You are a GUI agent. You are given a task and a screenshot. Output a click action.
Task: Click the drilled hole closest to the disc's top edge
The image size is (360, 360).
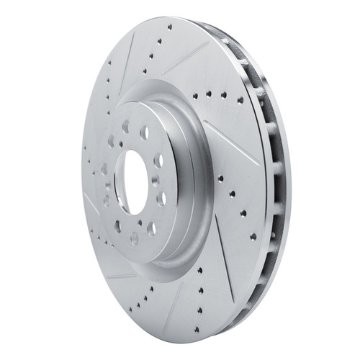tap(170, 27)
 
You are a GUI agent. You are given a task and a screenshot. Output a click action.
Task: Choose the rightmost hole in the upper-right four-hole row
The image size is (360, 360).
tap(223, 94)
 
